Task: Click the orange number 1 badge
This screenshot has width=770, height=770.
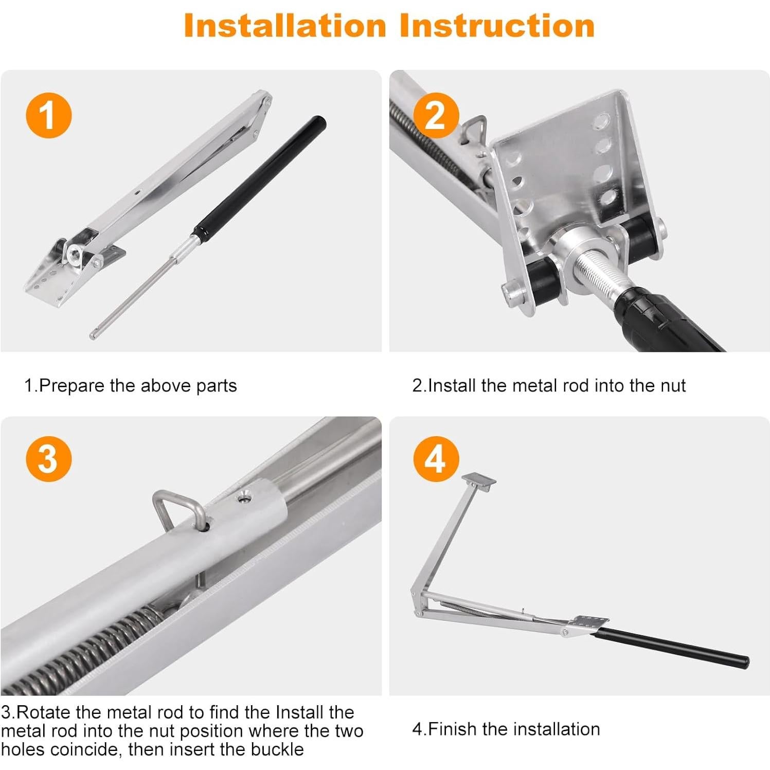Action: pyautogui.click(x=49, y=115)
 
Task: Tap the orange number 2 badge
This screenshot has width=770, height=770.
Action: pyautogui.click(x=436, y=115)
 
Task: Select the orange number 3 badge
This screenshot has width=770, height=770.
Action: pyautogui.click(x=49, y=459)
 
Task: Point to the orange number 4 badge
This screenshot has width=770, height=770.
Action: pyautogui.click(x=436, y=459)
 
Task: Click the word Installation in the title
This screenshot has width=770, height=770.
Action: pyautogui.click(x=285, y=25)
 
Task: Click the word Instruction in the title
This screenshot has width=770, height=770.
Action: pyautogui.click(x=497, y=25)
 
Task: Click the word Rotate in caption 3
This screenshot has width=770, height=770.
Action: pyautogui.click(x=44, y=712)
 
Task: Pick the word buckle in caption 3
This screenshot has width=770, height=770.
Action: pyautogui.click(x=277, y=749)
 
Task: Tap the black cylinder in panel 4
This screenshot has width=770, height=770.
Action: pyautogui.click(x=672, y=649)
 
